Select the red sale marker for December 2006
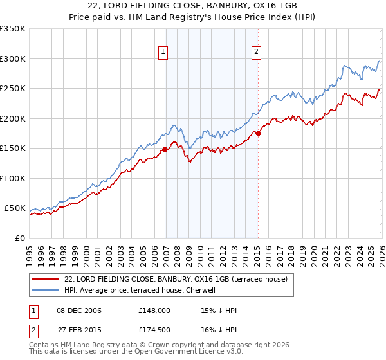[165, 149]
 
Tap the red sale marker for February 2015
[258, 134]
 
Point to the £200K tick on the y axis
[13, 118]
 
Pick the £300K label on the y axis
[13, 59]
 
